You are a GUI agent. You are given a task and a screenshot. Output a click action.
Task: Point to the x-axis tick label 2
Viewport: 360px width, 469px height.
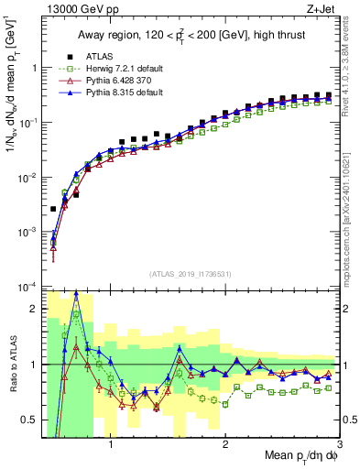(225, 446)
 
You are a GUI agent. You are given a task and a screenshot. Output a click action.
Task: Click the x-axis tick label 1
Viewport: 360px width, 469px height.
(111, 446)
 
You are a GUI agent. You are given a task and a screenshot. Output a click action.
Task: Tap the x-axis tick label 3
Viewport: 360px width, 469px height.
(339, 446)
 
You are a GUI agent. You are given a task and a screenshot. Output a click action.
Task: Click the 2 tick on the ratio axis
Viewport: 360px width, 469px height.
(33, 309)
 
